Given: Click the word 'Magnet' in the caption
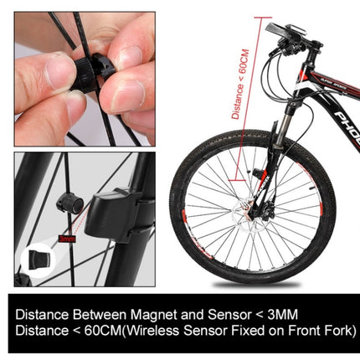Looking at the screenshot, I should click(149, 316).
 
